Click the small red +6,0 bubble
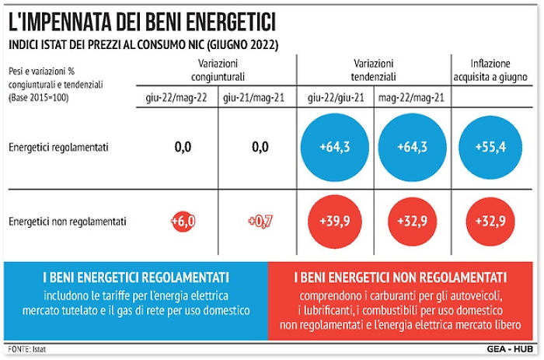[x=183, y=222]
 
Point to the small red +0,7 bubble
[x=260, y=222]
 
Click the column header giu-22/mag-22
[x=183, y=99]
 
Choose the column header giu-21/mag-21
[x=258, y=99]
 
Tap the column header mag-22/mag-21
[x=412, y=99]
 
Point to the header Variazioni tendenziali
[x=374, y=70]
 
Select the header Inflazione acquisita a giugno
[x=490, y=70]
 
